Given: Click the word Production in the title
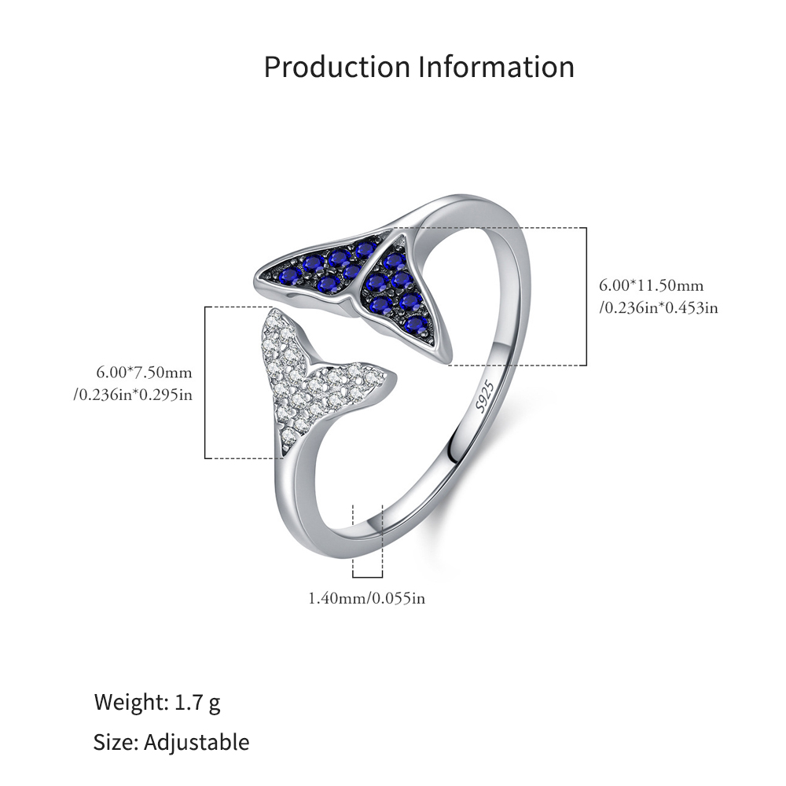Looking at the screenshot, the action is pos(337,67).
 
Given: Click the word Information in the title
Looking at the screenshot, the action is pos(496,67).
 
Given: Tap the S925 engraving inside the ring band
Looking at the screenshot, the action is pos(485,396).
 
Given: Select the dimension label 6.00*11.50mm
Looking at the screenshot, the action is pos(651,286).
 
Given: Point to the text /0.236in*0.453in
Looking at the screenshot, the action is pos(658,307).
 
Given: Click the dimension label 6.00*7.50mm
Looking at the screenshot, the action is pos(145,373).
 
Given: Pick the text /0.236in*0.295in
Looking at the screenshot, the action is pos(133,395).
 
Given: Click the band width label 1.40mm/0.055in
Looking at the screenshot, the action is pos(366,598).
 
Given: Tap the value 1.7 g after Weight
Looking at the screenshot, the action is pos(197,702).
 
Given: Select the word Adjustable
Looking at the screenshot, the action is pos(196,743).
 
